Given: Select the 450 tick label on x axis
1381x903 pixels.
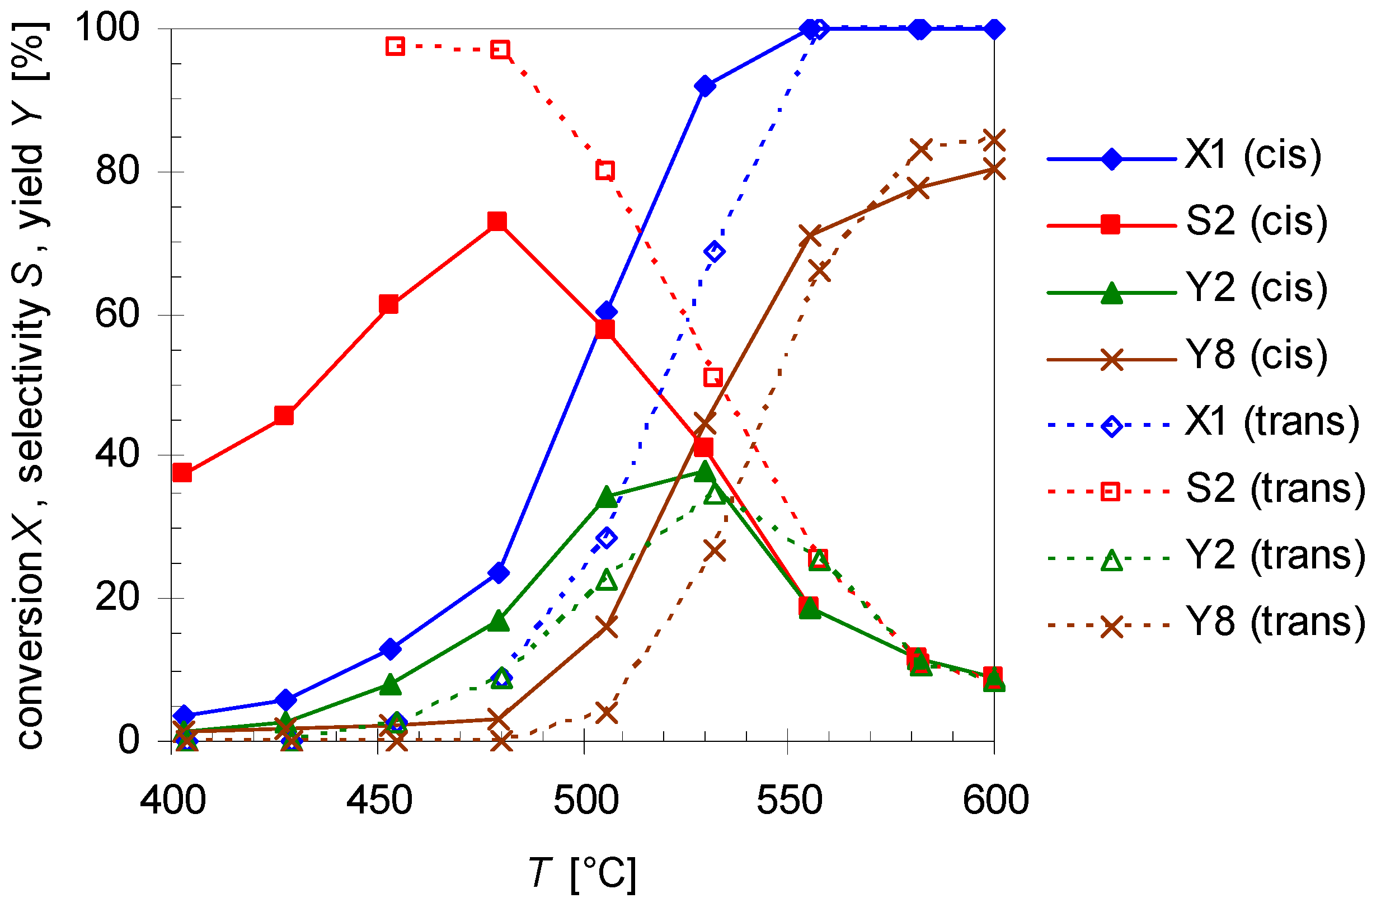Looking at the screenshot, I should pyautogui.click(x=379, y=800).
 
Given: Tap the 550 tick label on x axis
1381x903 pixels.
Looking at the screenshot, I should pyautogui.click(x=789, y=800).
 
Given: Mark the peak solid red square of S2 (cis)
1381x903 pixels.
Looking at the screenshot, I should pyautogui.click(x=497, y=221).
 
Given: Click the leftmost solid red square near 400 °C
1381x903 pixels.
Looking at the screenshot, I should pyautogui.click(x=182, y=472).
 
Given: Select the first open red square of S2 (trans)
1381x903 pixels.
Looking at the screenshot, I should pyautogui.click(x=395, y=46).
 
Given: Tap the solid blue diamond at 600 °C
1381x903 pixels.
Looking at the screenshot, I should pyautogui.click(x=994, y=29).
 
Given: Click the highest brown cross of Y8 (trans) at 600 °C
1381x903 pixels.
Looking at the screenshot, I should pyautogui.click(x=994, y=140).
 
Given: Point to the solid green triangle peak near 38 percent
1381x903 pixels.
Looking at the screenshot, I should pyautogui.click(x=704, y=471).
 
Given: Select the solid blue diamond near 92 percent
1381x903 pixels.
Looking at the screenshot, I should pyautogui.click(x=704, y=86).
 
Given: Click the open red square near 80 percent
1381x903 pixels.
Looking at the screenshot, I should pyautogui.click(x=605, y=170).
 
